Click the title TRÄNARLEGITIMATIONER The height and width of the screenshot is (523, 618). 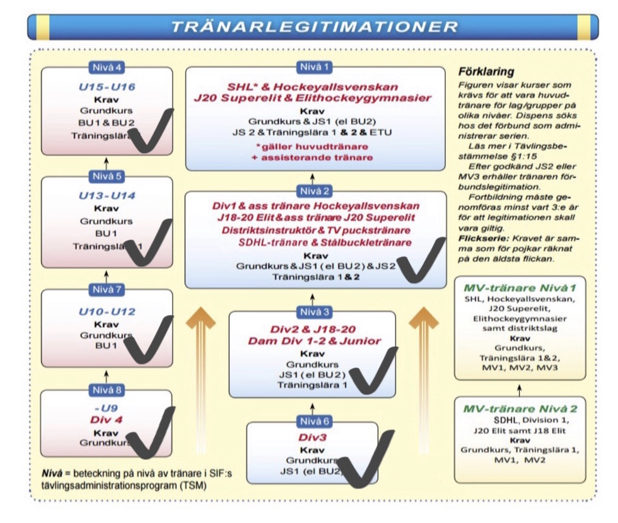[315, 26]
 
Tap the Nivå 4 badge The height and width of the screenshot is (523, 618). [106, 67]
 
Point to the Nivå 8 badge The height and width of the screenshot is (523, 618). [106, 390]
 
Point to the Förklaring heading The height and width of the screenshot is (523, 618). [486, 72]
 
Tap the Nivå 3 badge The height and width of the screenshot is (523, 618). [313, 311]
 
